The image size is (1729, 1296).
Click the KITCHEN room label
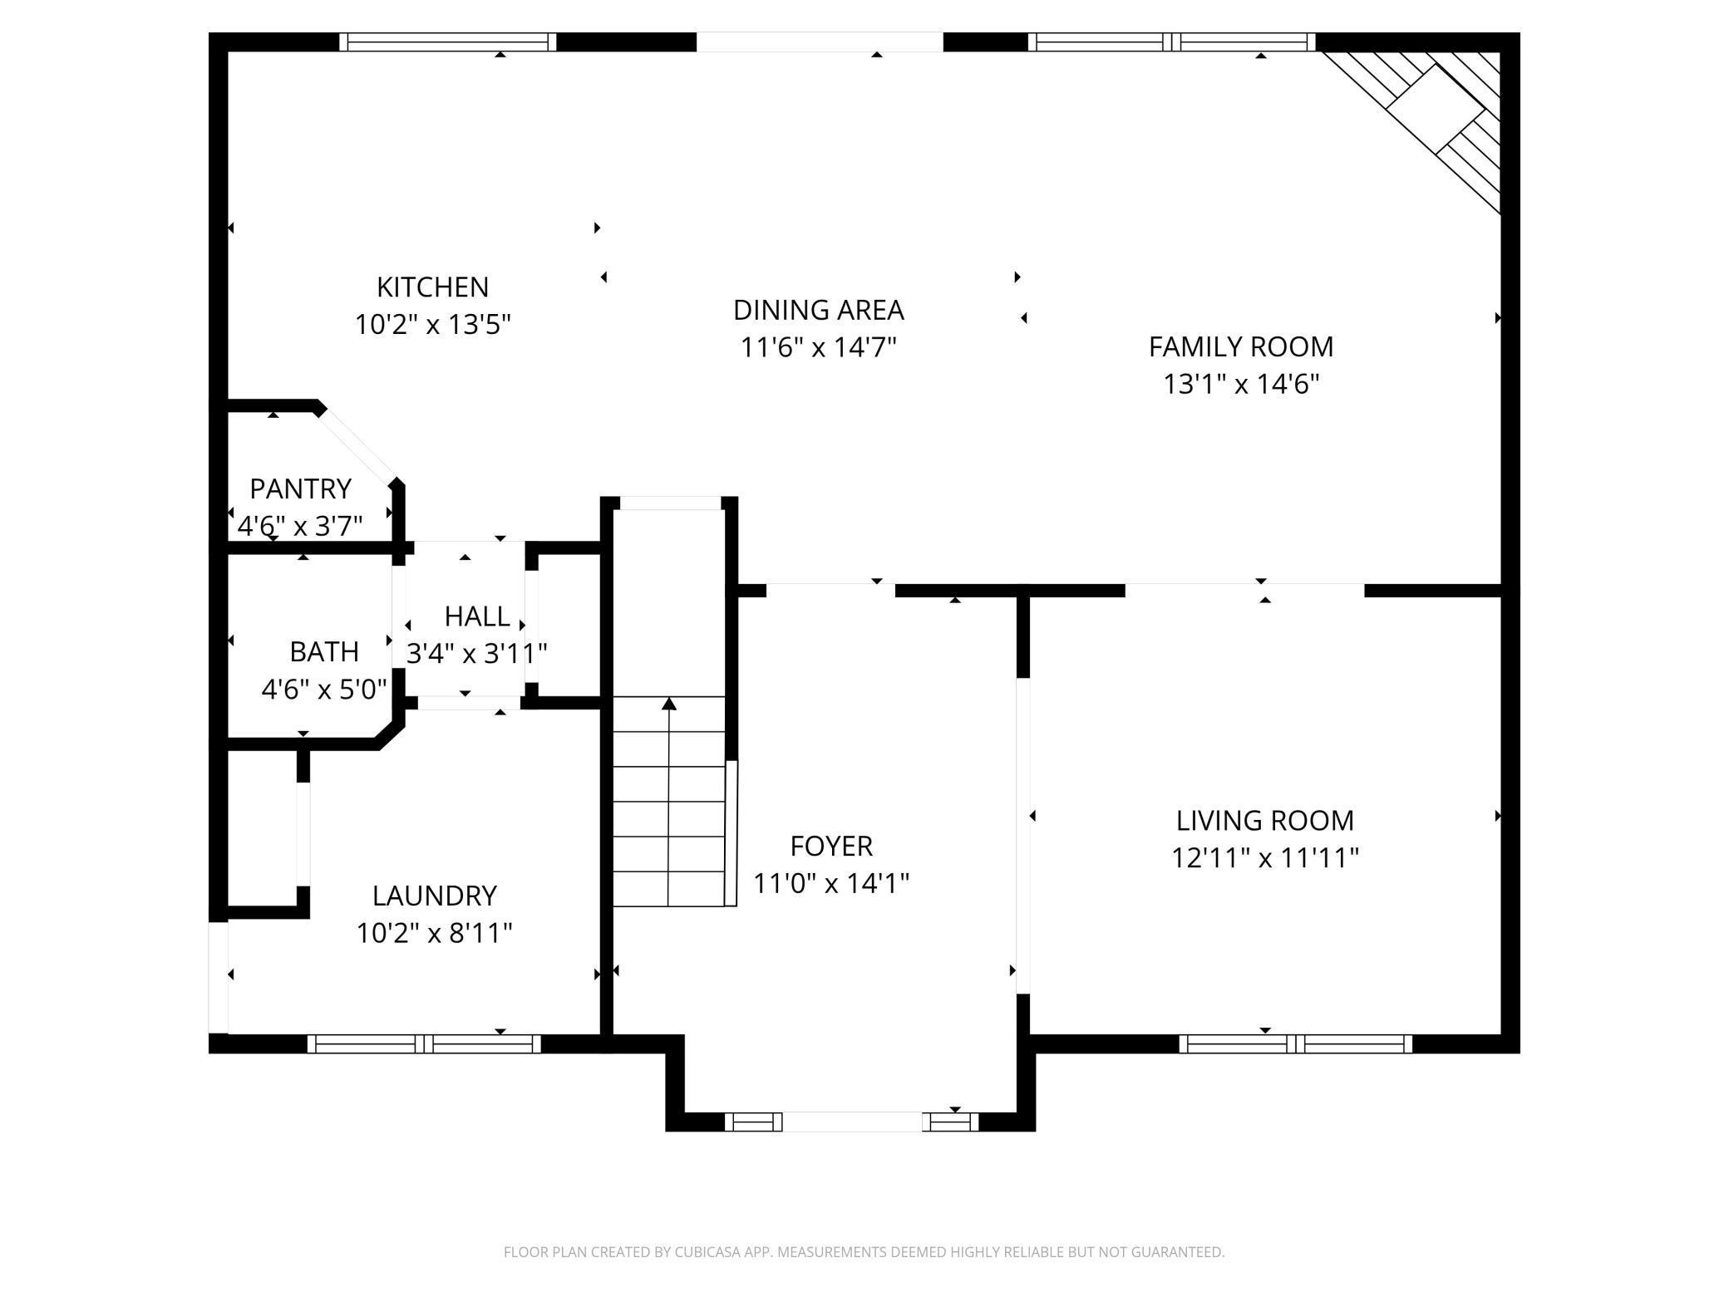tap(432, 287)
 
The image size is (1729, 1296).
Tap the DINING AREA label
tap(818, 310)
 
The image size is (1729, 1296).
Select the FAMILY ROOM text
tap(1241, 346)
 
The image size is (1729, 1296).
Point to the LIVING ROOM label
tap(1265, 821)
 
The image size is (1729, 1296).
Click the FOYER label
tap(831, 846)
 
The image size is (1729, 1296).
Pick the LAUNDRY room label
tap(434, 896)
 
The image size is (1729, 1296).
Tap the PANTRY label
tap(300, 488)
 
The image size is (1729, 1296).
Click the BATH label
tap(324, 651)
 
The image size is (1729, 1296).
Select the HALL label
tap(477, 616)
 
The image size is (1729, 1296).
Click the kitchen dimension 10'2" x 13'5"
tap(432, 324)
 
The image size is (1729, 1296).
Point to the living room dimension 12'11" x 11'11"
tap(1265, 857)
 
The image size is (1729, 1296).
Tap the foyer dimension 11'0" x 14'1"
tap(831, 882)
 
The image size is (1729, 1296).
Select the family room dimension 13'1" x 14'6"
tap(1241, 384)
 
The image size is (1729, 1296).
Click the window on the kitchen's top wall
tap(448, 42)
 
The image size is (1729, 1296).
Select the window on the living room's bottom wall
tap(1295, 1043)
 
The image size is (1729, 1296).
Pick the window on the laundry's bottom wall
tap(424, 1043)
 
